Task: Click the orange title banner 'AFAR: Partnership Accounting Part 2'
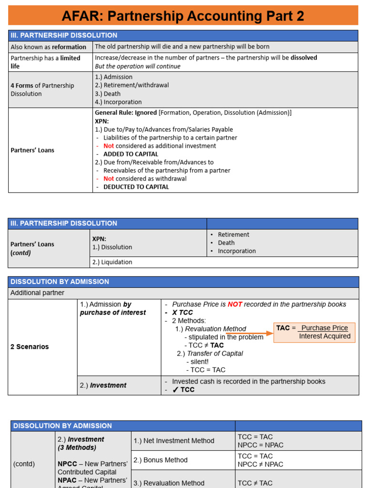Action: coord(183,16)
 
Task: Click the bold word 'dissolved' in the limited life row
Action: coord(303,58)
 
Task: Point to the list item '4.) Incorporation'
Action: coord(118,102)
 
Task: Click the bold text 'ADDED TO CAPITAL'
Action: coord(131,154)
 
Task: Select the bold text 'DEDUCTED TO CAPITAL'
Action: coord(136,187)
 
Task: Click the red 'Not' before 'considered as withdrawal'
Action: coord(109,179)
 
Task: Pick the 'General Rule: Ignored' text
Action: coord(126,113)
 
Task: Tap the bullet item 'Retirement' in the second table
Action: coord(234,234)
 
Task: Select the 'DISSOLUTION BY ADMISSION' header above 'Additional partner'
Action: coord(60,282)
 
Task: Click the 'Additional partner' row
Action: coord(37,293)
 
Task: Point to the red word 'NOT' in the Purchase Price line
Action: coord(235,304)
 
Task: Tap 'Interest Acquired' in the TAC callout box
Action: coord(325,336)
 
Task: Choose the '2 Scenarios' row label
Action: coord(30,347)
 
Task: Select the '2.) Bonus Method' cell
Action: coord(161,460)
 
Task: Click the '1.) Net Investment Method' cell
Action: coord(173,441)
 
